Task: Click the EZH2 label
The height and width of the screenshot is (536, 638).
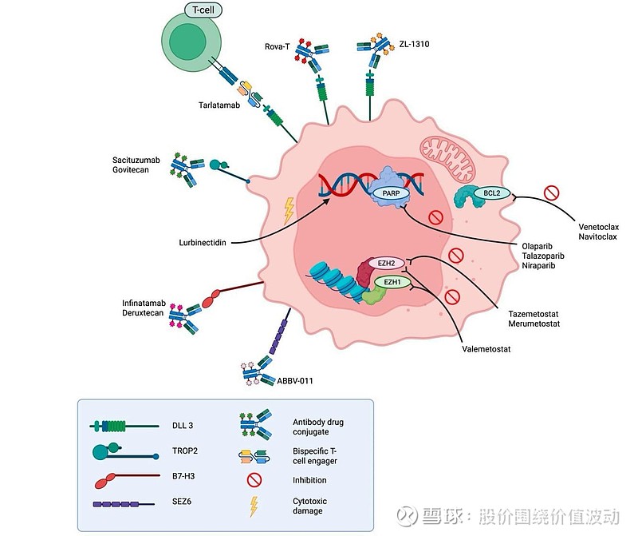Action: click(x=386, y=263)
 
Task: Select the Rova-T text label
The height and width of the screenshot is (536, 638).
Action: click(x=277, y=46)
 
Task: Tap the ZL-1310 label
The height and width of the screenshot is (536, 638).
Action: click(x=414, y=44)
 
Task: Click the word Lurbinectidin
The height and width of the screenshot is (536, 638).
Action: click(x=204, y=240)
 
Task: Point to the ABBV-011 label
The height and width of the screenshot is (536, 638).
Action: click(x=295, y=380)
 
